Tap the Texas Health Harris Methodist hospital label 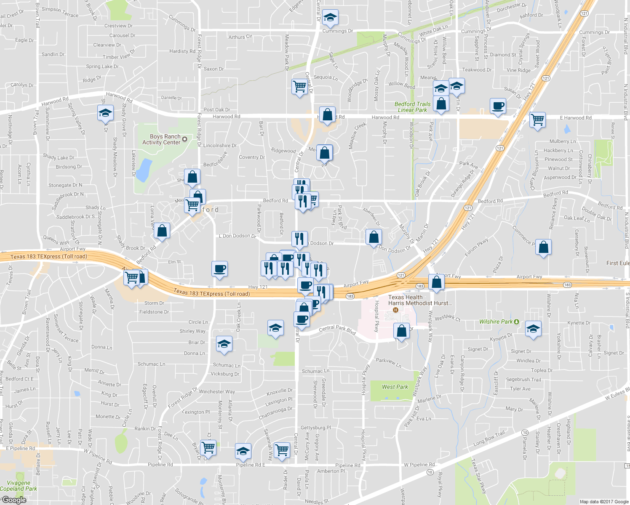pyautogui.click(x=420, y=300)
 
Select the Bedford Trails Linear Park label pyautogui.click(x=412, y=107)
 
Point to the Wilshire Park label pyautogui.click(x=496, y=322)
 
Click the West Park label pyautogui.click(x=395, y=387)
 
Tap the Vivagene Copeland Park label pyautogui.click(x=19, y=486)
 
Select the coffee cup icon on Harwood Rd pyautogui.click(x=498, y=106)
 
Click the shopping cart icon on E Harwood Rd pyautogui.click(x=538, y=120)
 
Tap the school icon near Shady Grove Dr pyautogui.click(x=105, y=113)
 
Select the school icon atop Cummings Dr pyautogui.click(x=330, y=18)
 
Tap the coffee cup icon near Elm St pyautogui.click(x=219, y=268)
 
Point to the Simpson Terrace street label pyautogui.click(x=60, y=12)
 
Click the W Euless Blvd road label pyautogui.click(x=617, y=394)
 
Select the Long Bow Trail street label pyautogui.click(x=489, y=439)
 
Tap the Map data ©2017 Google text pyautogui.click(x=604, y=502)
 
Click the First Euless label pyautogui.click(x=618, y=263)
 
